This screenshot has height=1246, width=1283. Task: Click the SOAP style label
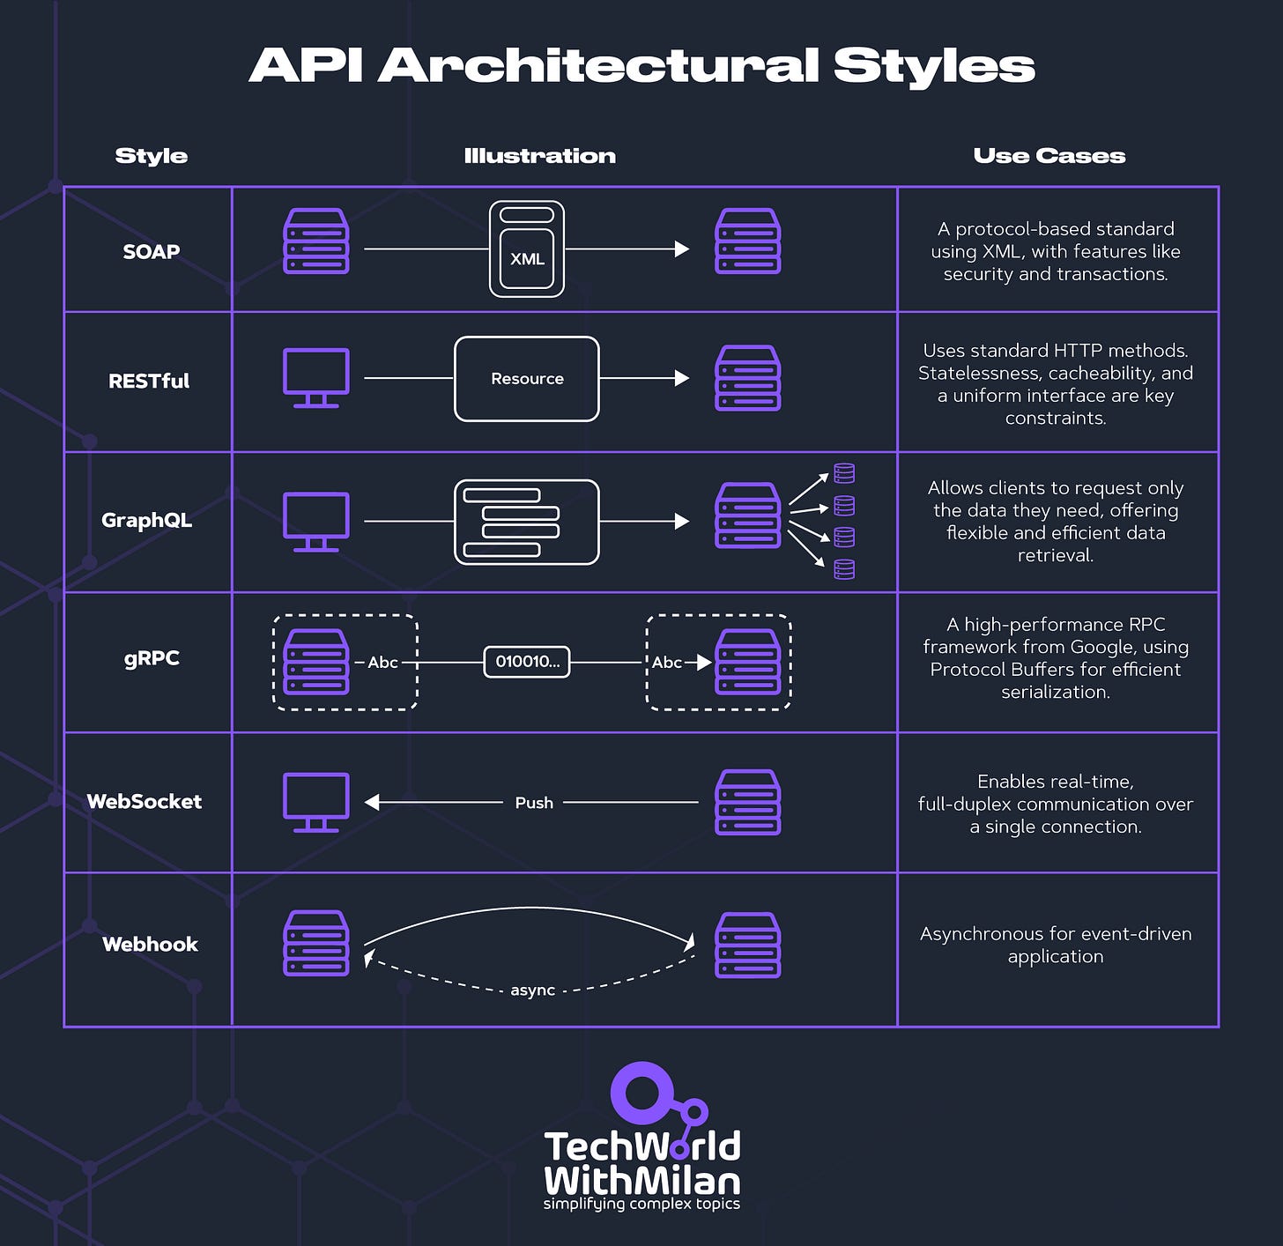pyautogui.click(x=151, y=251)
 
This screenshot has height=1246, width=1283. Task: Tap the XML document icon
pyautogui.click(x=527, y=249)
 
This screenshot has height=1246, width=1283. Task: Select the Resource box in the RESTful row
pyautogui.click(x=527, y=379)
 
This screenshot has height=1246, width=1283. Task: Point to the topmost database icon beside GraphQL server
pyautogui.click(x=844, y=474)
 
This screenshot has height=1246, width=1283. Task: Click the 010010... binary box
pyautogui.click(x=527, y=662)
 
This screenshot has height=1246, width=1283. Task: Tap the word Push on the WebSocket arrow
pyautogui.click(x=534, y=803)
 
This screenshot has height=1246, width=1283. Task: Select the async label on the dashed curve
pyautogui.click(x=533, y=990)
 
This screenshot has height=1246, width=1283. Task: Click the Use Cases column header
pyautogui.click(x=1049, y=156)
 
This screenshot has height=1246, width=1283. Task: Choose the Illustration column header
pyautogui.click(x=539, y=156)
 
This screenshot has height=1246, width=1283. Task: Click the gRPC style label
pyautogui.click(x=152, y=658)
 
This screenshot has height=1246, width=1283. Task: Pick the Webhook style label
pyautogui.click(x=150, y=945)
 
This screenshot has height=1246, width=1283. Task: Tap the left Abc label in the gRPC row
pyautogui.click(x=382, y=663)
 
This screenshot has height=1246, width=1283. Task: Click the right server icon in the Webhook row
pyautogui.click(x=747, y=945)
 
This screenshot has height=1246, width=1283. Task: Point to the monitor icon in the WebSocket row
pyautogui.click(x=315, y=801)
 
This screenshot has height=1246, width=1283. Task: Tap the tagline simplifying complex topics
pyautogui.click(x=641, y=1204)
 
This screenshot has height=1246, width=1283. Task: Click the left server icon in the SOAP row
pyautogui.click(x=315, y=241)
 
